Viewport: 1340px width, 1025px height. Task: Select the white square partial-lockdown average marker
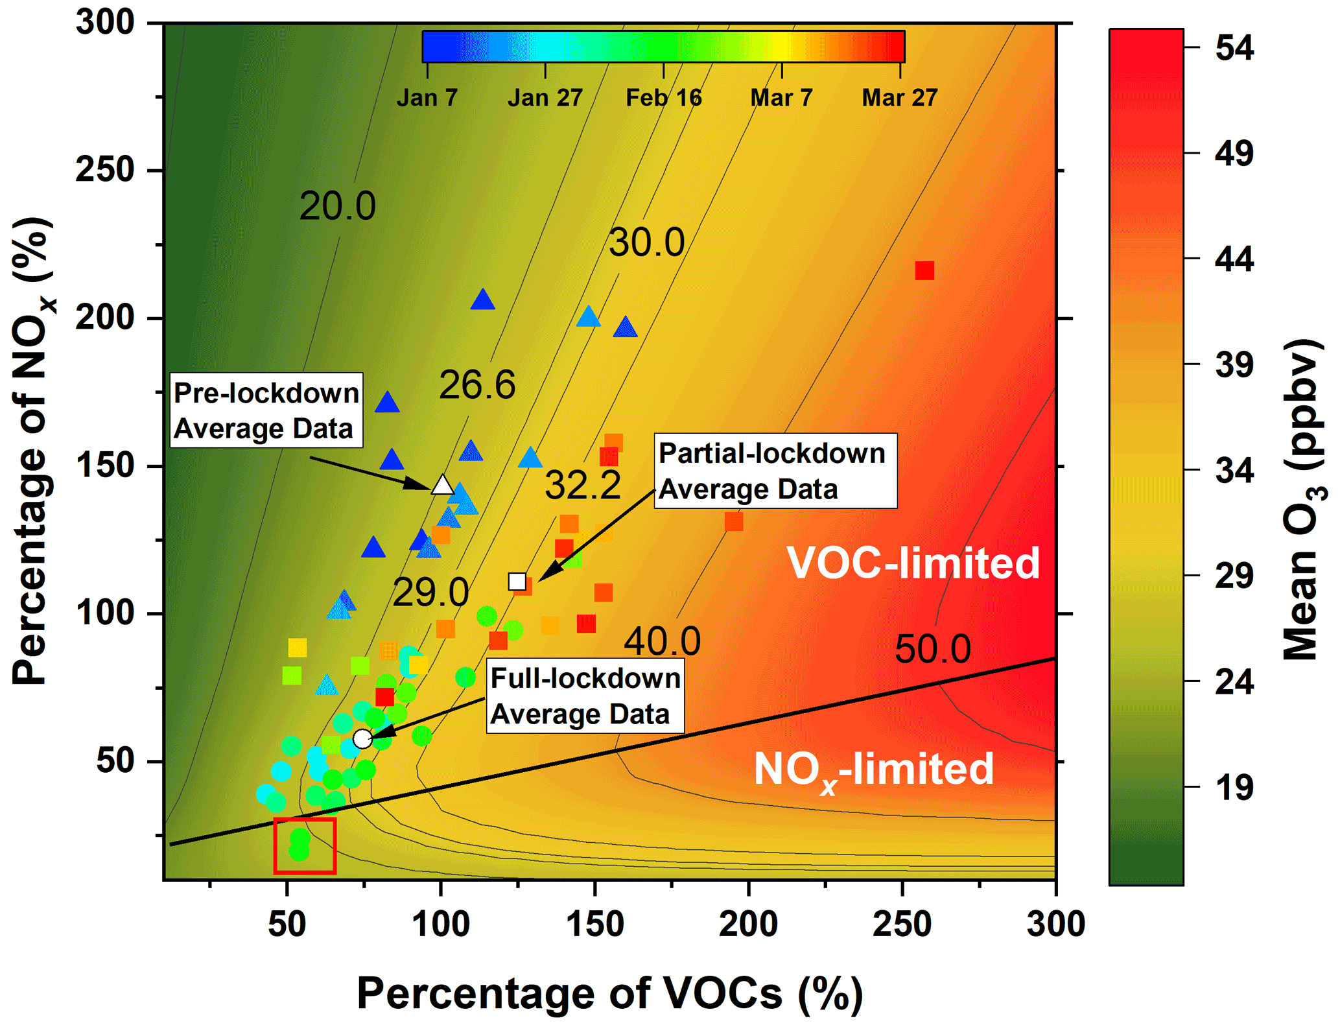pos(517,582)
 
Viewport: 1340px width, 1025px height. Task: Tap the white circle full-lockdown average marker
pos(362,738)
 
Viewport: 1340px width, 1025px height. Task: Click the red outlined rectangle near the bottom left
pos(305,845)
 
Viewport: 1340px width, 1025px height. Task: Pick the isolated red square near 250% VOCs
pos(924,270)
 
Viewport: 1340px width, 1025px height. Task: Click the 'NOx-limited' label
pos(873,770)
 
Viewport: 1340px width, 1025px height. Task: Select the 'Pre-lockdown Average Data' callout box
pos(266,410)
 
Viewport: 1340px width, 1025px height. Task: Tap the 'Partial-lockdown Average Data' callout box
pos(775,471)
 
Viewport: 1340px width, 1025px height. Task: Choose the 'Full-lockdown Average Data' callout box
pos(585,696)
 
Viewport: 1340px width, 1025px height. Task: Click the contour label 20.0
pos(337,206)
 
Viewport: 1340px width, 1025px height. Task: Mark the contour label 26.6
pos(477,384)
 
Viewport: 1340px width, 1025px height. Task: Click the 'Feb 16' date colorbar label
pos(663,98)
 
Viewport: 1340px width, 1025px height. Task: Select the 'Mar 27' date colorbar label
pos(899,98)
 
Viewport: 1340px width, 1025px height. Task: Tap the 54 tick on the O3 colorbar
pos(1234,48)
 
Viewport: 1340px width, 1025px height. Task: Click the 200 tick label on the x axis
pos(748,923)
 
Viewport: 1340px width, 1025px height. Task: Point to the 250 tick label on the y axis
pos(105,170)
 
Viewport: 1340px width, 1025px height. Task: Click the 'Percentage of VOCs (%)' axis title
pos(610,993)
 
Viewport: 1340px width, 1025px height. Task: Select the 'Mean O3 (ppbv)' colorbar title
pos(1303,499)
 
